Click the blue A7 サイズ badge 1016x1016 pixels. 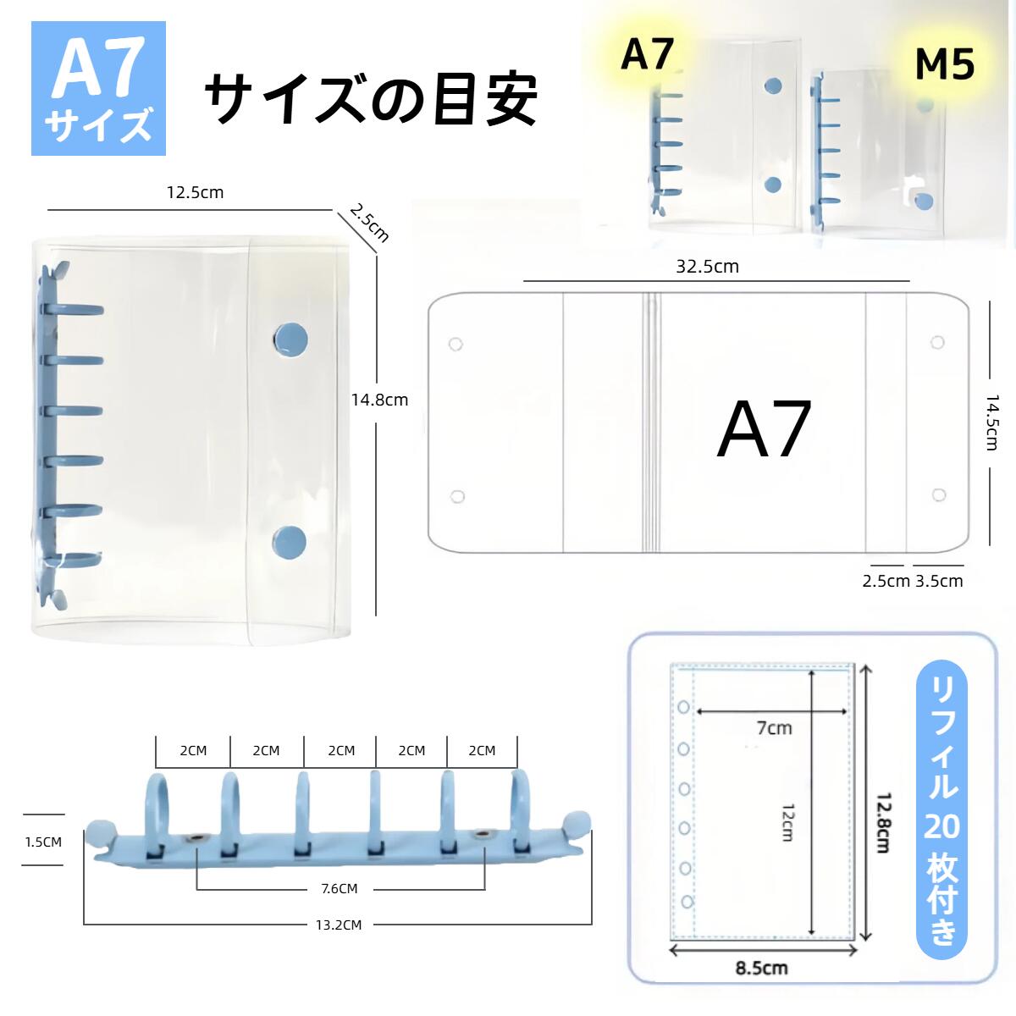click(98, 88)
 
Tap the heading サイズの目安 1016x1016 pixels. click(371, 98)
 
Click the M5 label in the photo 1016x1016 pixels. click(944, 65)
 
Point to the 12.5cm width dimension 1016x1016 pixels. click(195, 192)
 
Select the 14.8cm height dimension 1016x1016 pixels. click(379, 400)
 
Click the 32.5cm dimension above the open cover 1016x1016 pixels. click(707, 267)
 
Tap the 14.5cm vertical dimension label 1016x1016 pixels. click(992, 422)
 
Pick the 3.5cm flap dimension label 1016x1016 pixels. click(939, 581)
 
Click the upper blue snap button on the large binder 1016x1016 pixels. click(291, 342)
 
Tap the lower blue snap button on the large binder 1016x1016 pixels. click(290, 543)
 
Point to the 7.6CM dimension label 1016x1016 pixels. click(339, 888)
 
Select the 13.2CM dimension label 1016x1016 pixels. click(339, 925)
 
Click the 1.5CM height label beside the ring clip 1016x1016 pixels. click(43, 842)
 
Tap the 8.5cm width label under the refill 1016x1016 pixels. click(761, 968)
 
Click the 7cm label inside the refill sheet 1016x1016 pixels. click(775, 728)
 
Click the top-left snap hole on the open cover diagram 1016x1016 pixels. click(456, 345)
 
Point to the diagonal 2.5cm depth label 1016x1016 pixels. click(369, 224)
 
